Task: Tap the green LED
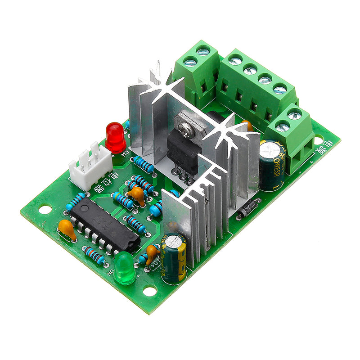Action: pyautogui.click(x=125, y=269)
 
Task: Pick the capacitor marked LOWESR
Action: pyautogui.click(x=272, y=164)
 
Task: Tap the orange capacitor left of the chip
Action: pyautogui.click(x=67, y=228)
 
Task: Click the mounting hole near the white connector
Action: pyautogui.click(x=45, y=209)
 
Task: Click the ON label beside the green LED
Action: pyautogui.click(x=109, y=271)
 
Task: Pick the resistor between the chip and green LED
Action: pyautogui.click(x=95, y=255)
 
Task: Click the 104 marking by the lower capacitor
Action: pyautogui.click(x=157, y=265)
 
